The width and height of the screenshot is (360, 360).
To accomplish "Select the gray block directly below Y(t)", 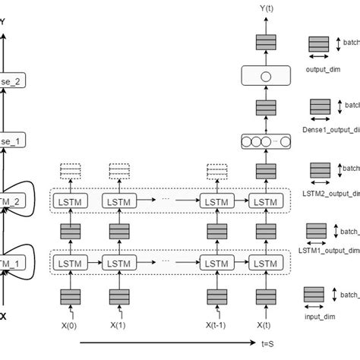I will coord(265,43).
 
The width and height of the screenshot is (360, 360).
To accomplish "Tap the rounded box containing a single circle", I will coord(265,76).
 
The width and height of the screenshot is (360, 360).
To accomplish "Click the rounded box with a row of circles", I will coord(265,141).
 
